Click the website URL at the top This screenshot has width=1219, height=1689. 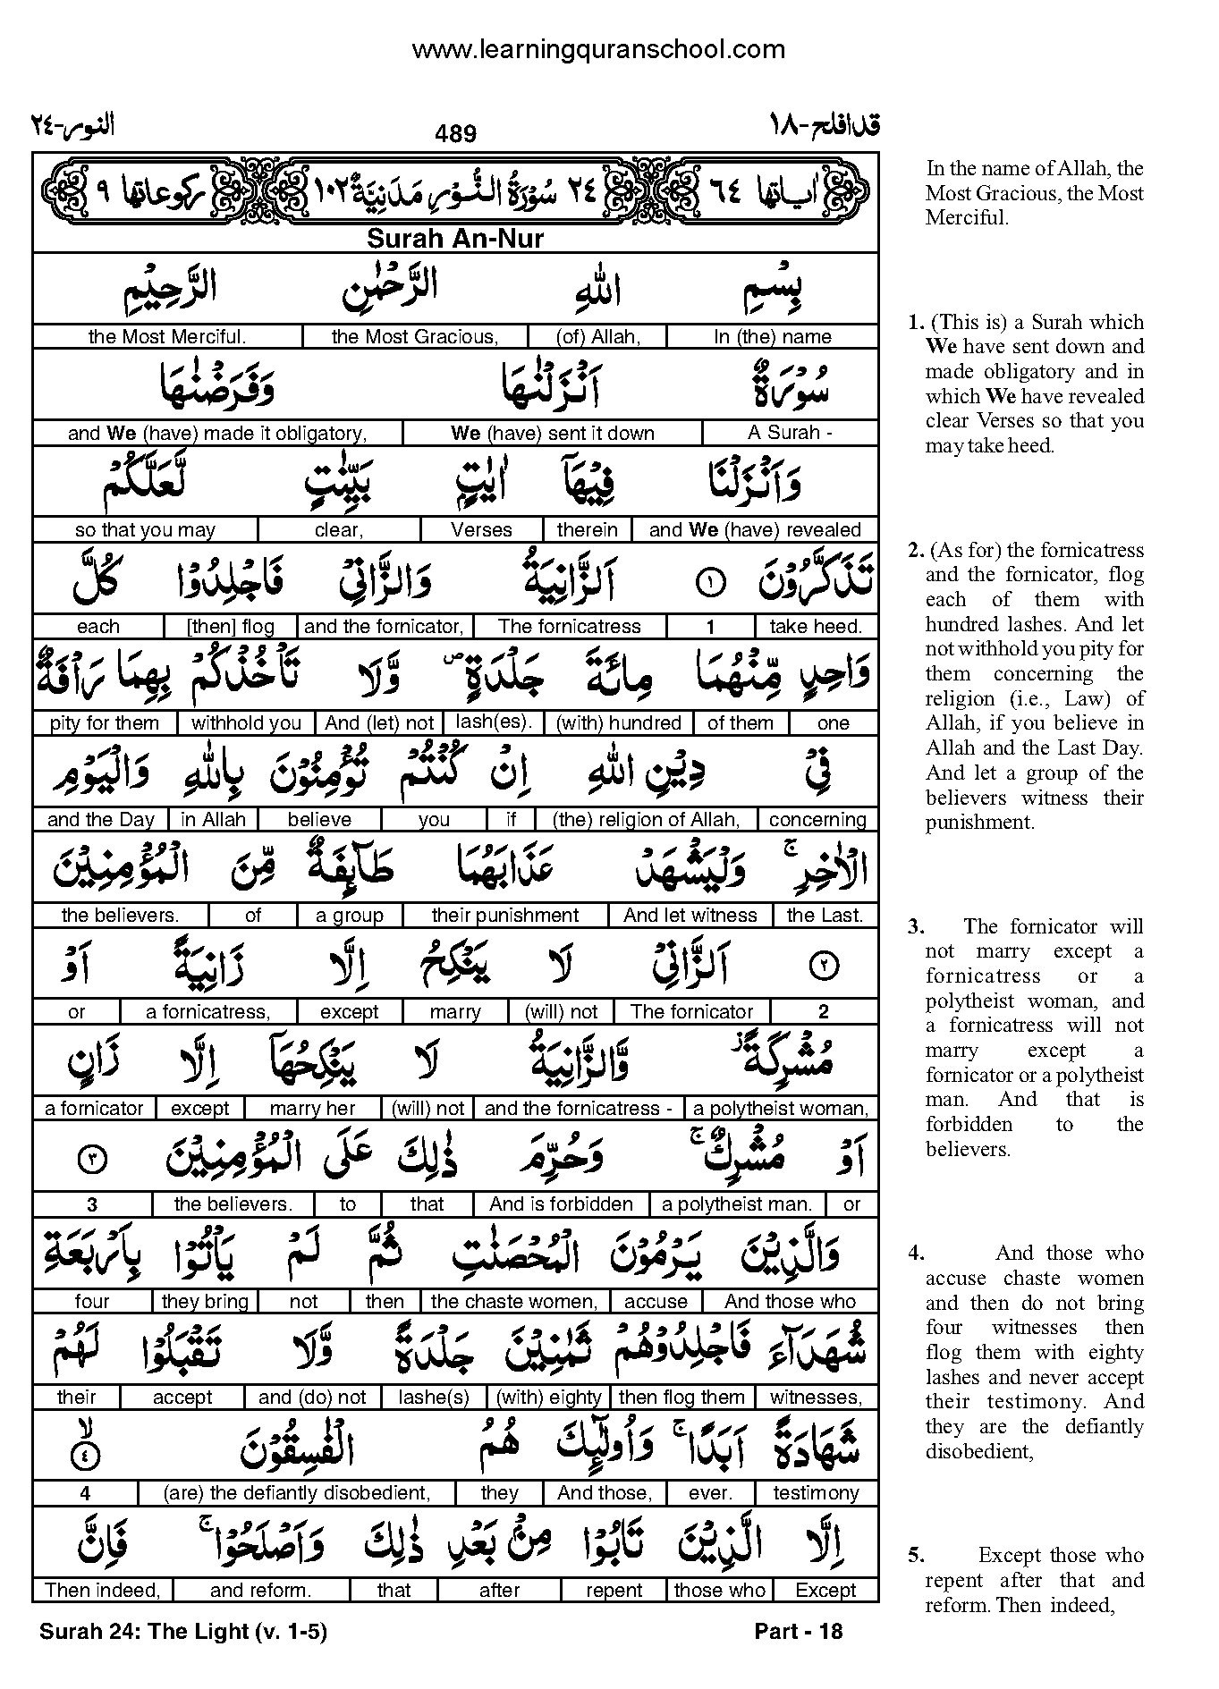(x=598, y=50)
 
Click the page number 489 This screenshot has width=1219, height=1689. (x=455, y=134)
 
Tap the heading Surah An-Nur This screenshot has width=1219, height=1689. (x=455, y=239)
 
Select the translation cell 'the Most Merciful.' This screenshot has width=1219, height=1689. (x=167, y=337)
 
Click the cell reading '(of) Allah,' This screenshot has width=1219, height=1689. (x=597, y=337)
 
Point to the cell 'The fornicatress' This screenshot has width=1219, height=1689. (x=570, y=627)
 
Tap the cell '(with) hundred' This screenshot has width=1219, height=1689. (x=619, y=722)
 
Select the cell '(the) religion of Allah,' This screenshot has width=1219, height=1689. (x=646, y=819)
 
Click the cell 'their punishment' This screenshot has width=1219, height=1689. (x=505, y=916)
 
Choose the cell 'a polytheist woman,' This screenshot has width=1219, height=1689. (x=781, y=1109)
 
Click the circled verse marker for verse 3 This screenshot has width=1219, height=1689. (x=94, y=1161)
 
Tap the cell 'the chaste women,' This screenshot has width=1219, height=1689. (x=513, y=1302)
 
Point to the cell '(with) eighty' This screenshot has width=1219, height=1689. (x=548, y=1398)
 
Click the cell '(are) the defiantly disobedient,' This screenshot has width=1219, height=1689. (x=296, y=1493)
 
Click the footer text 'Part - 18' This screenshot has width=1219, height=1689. (x=798, y=1632)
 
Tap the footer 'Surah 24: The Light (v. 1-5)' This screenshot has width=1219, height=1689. (x=183, y=1632)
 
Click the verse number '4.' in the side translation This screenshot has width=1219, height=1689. (x=916, y=1254)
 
